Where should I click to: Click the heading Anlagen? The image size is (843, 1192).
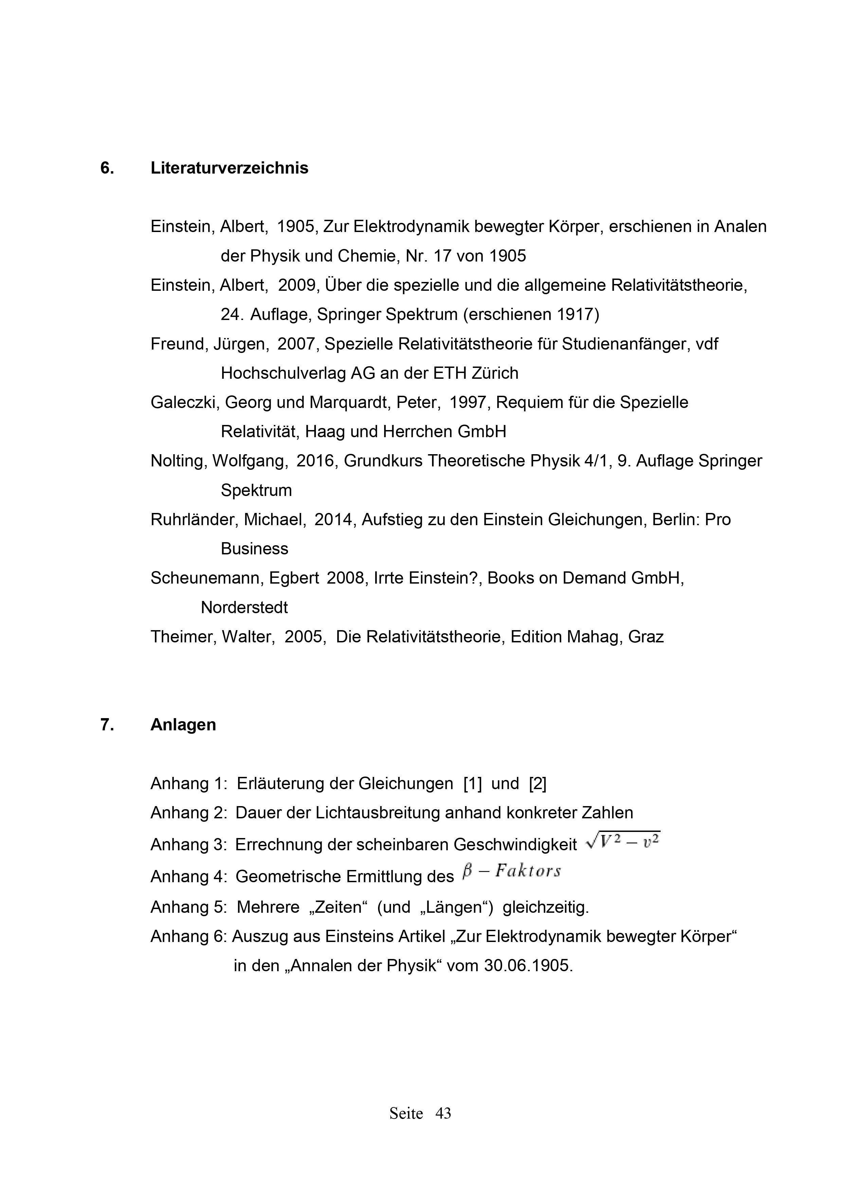(x=183, y=725)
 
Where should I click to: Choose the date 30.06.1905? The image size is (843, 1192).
(x=527, y=966)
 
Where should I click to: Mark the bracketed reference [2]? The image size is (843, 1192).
(x=537, y=784)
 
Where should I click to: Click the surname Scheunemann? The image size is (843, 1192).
(x=206, y=579)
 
